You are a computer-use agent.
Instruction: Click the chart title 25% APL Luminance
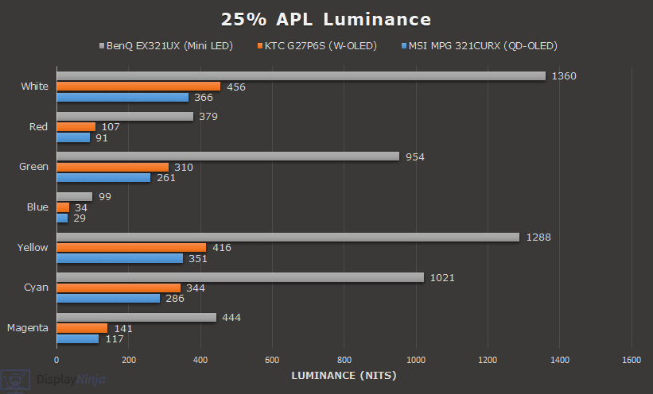(x=326, y=19)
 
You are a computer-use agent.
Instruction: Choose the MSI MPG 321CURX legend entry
(x=482, y=45)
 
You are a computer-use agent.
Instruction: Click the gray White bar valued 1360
(x=301, y=76)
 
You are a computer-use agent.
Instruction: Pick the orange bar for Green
(x=112, y=167)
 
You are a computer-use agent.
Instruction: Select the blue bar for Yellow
(x=119, y=258)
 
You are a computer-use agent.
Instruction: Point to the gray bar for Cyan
(x=239, y=277)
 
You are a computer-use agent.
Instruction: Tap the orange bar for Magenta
(x=82, y=328)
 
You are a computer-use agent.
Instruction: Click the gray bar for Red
(x=125, y=117)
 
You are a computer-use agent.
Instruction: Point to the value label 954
(x=415, y=156)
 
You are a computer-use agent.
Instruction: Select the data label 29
(x=80, y=218)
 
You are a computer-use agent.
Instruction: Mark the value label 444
(x=231, y=318)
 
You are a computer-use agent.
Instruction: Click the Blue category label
(x=37, y=207)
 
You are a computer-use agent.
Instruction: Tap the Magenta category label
(x=28, y=327)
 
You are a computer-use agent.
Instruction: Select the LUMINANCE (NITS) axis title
(x=344, y=375)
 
